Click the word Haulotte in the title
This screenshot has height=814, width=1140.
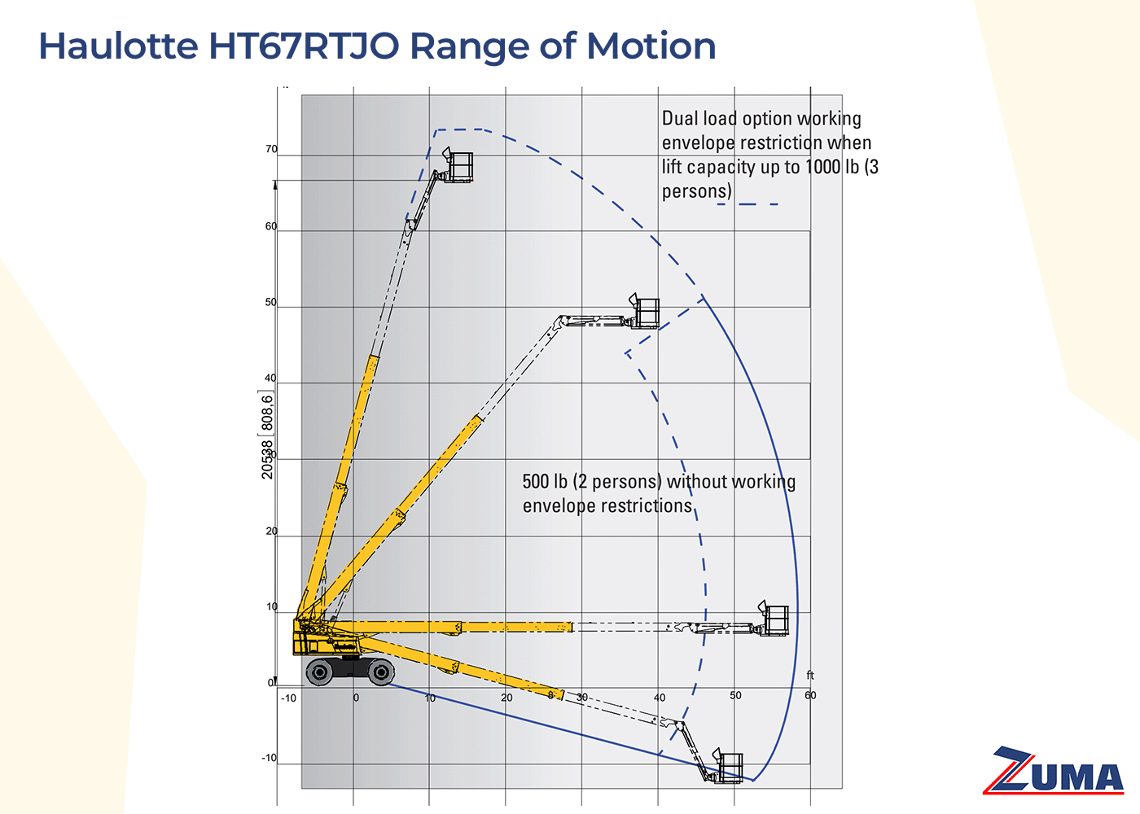[118, 46]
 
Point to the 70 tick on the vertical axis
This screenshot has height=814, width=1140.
[271, 150]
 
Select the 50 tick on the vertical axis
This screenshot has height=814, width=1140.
[271, 303]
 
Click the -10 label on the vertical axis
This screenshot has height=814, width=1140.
[269, 759]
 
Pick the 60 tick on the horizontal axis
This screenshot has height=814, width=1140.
[810, 695]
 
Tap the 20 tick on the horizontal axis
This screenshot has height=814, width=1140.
[506, 698]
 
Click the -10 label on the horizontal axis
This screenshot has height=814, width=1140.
[288, 698]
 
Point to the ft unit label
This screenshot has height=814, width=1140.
[810, 676]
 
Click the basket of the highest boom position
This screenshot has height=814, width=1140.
[459, 167]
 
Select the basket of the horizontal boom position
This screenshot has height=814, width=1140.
[775, 621]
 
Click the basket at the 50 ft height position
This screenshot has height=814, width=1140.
[646, 313]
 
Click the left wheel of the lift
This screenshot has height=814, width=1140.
[319, 672]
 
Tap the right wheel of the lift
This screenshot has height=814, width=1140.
[380, 672]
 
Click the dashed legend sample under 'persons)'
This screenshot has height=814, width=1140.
[748, 204]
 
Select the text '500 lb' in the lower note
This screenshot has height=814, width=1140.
[545, 482]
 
